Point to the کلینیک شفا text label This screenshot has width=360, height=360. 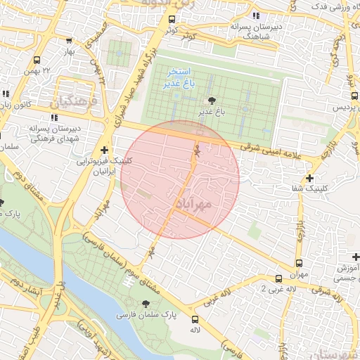click(x=313, y=188)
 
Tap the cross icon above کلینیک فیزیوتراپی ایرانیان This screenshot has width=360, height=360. click(x=104, y=149)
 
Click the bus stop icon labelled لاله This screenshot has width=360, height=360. click(x=195, y=319)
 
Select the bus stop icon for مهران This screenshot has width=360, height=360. click(x=280, y=279)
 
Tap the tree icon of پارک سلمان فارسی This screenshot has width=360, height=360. click(x=146, y=304)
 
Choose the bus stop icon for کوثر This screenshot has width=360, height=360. click(x=168, y=20)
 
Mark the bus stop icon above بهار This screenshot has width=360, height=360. click(x=68, y=41)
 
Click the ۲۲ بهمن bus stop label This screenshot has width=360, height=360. click(x=56, y=71)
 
